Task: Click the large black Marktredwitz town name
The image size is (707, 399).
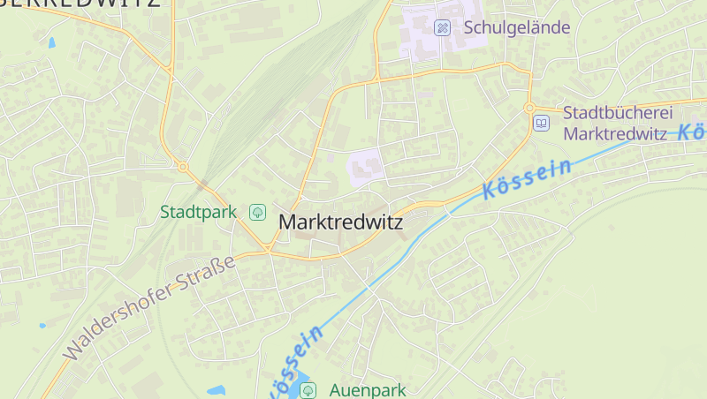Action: click(x=340, y=222)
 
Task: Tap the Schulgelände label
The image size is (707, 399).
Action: click(x=517, y=27)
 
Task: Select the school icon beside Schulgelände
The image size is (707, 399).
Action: click(x=443, y=28)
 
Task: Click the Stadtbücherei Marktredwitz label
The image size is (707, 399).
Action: click(x=618, y=124)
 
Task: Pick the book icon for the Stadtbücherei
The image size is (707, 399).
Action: click(x=541, y=124)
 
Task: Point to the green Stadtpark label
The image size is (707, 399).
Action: click(x=198, y=212)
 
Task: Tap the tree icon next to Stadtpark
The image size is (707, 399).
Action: click(x=257, y=212)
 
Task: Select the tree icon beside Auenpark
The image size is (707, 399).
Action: click(x=308, y=389)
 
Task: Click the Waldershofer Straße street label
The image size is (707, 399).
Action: click(x=150, y=307)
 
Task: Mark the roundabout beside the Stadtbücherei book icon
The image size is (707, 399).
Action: click(x=529, y=108)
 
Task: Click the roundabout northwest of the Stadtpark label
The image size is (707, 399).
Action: click(x=183, y=166)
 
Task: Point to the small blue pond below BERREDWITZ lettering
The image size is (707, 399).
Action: click(x=51, y=42)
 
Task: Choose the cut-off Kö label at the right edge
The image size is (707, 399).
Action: click(x=694, y=131)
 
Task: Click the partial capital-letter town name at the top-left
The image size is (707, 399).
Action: click(x=80, y=4)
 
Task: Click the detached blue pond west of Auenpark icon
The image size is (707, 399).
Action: click(x=217, y=389)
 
